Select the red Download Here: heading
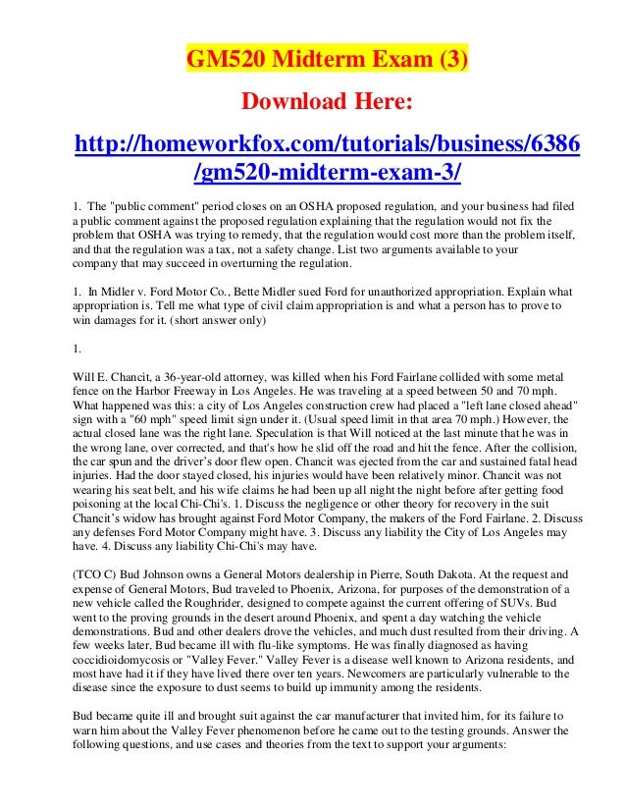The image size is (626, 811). click(328, 102)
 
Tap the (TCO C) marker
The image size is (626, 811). click(99, 567)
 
